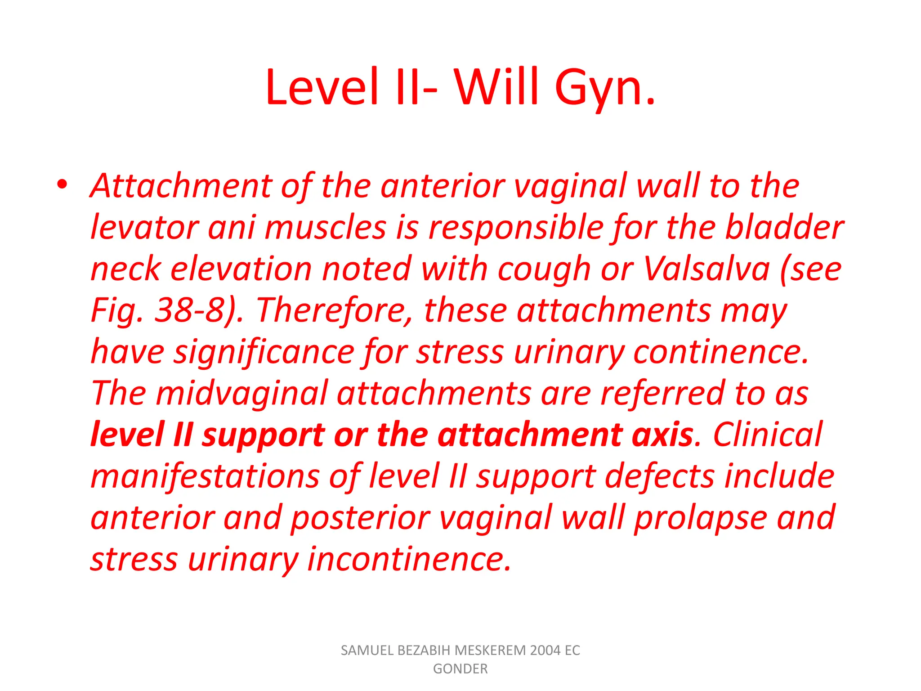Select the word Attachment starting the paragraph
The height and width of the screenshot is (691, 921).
(181, 186)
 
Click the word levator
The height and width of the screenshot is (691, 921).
(144, 227)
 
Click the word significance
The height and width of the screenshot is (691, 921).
(264, 352)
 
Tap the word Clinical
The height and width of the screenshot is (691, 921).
(767, 435)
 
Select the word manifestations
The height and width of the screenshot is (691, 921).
(205, 476)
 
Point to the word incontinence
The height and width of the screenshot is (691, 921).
(409, 559)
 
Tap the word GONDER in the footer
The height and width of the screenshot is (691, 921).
(460, 669)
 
